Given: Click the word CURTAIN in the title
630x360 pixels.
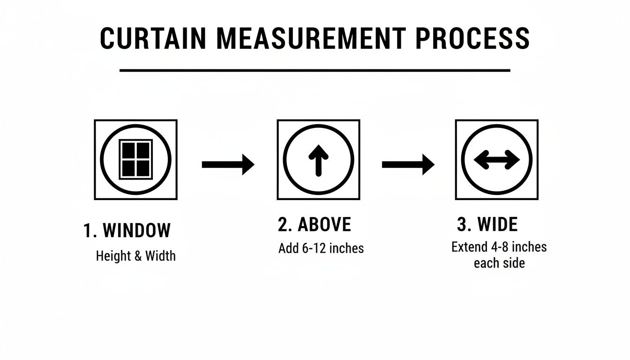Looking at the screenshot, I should tap(152, 38).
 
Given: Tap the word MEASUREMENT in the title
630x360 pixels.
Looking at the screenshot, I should tap(310, 38).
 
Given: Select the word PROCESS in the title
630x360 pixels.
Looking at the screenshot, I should tap(472, 38).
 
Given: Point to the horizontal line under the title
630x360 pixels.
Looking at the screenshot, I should tap(315, 70).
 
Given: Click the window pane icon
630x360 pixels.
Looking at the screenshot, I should tap(136, 159).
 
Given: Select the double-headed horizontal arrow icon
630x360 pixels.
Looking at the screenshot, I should tap(497, 160).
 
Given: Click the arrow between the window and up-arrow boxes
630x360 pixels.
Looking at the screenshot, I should tap(228, 164).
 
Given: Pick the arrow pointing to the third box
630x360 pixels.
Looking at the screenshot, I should tap(408, 164).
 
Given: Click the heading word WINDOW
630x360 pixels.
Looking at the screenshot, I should tap(136, 231).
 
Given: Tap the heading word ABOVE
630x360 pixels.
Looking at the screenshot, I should tap(324, 225).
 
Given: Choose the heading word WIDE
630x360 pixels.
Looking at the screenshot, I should tap(497, 225).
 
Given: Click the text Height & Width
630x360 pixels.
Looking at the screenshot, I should tap(136, 256).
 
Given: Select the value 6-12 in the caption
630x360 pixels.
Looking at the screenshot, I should tap(315, 248).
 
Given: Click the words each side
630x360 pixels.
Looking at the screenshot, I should tap(499, 263).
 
